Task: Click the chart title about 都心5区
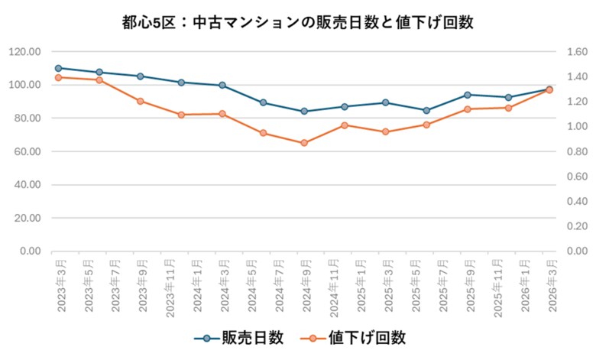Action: (297, 22)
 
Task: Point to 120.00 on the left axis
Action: (24, 52)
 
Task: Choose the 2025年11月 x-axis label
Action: (497, 284)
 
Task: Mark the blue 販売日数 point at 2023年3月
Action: (59, 68)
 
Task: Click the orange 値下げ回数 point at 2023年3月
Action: (59, 77)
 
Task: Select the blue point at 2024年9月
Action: (304, 111)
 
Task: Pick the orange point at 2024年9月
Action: (304, 143)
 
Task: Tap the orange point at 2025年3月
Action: (386, 131)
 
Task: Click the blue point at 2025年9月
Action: (468, 95)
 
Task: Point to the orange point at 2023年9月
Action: (141, 101)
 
